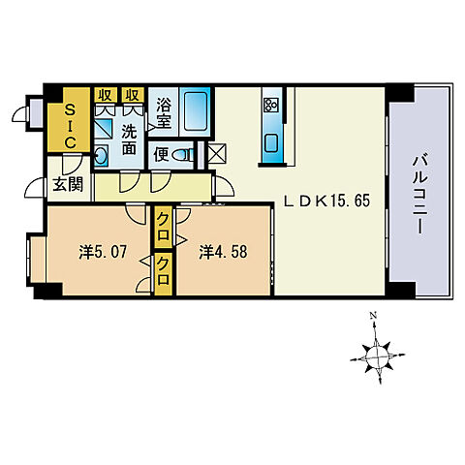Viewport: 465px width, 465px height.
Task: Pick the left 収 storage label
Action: pyautogui.click(x=104, y=95)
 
